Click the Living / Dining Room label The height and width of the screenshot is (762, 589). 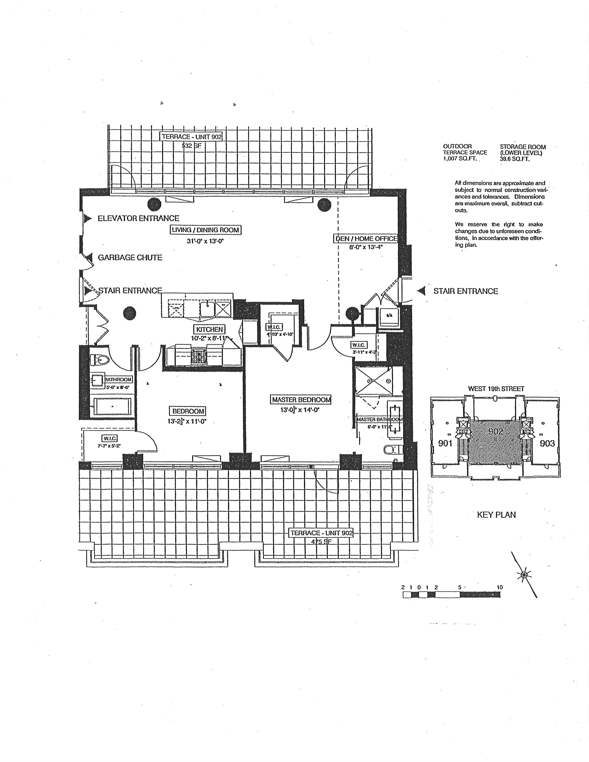click(205, 230)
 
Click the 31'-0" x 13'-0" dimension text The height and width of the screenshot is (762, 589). click(205, 241)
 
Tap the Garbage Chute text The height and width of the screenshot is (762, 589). click(130, 258)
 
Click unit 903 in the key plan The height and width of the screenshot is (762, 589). click(547, 443)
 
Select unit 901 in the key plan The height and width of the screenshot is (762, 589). click(445, 443)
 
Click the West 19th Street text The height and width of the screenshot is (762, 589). click(496, 389)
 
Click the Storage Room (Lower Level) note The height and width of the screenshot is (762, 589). click(522, 153)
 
